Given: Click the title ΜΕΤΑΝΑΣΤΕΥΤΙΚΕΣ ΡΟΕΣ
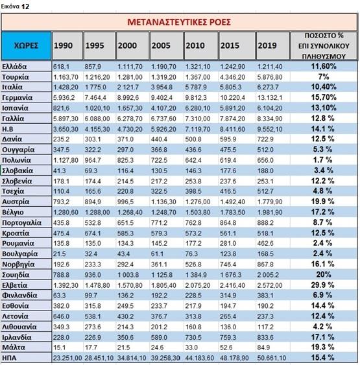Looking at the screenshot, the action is click(179, 22).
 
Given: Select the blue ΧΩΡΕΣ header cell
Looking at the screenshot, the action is click(26, 45).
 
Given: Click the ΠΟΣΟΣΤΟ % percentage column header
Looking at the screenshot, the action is click(324, 46).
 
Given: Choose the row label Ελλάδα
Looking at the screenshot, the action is click(14, 67).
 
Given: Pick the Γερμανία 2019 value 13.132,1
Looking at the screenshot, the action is click(270, 98).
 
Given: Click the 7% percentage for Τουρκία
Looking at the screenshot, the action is click(324, 77).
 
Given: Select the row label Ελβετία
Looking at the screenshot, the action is click(15, 285).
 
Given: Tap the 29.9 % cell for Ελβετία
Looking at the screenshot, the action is click(323, 285).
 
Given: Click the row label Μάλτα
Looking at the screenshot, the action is click(14, 347).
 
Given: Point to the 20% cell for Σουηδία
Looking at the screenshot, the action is click(324, 275).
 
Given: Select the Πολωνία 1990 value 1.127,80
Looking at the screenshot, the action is click(66, 160).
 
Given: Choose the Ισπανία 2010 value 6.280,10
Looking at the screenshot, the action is click(198, 108).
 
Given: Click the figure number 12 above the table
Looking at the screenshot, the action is click(25, 6).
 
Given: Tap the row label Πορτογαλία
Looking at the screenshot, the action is click(21, 223).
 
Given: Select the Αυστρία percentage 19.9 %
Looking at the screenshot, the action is click(323, 202).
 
